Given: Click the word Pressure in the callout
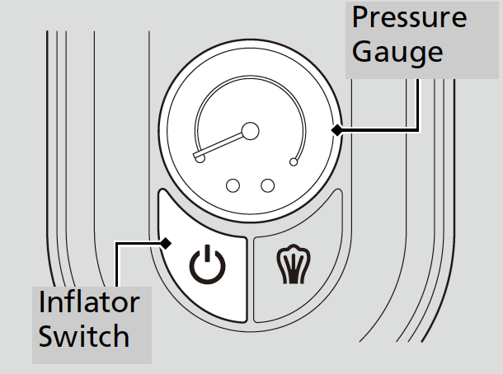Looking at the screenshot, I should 408,19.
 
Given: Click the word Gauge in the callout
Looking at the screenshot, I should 397,53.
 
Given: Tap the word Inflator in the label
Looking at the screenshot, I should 89,302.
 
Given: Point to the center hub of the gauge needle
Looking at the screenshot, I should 249,129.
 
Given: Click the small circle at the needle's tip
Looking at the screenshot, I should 200,157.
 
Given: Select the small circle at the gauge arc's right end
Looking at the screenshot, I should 294,162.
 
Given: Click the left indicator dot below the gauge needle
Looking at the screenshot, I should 233,185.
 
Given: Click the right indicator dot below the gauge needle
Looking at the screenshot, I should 266,185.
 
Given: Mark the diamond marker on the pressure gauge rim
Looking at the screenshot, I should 336,129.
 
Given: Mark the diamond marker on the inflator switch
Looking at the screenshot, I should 167,243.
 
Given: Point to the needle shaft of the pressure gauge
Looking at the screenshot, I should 223,143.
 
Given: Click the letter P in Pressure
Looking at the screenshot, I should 360,19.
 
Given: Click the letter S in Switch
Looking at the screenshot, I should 48,335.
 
